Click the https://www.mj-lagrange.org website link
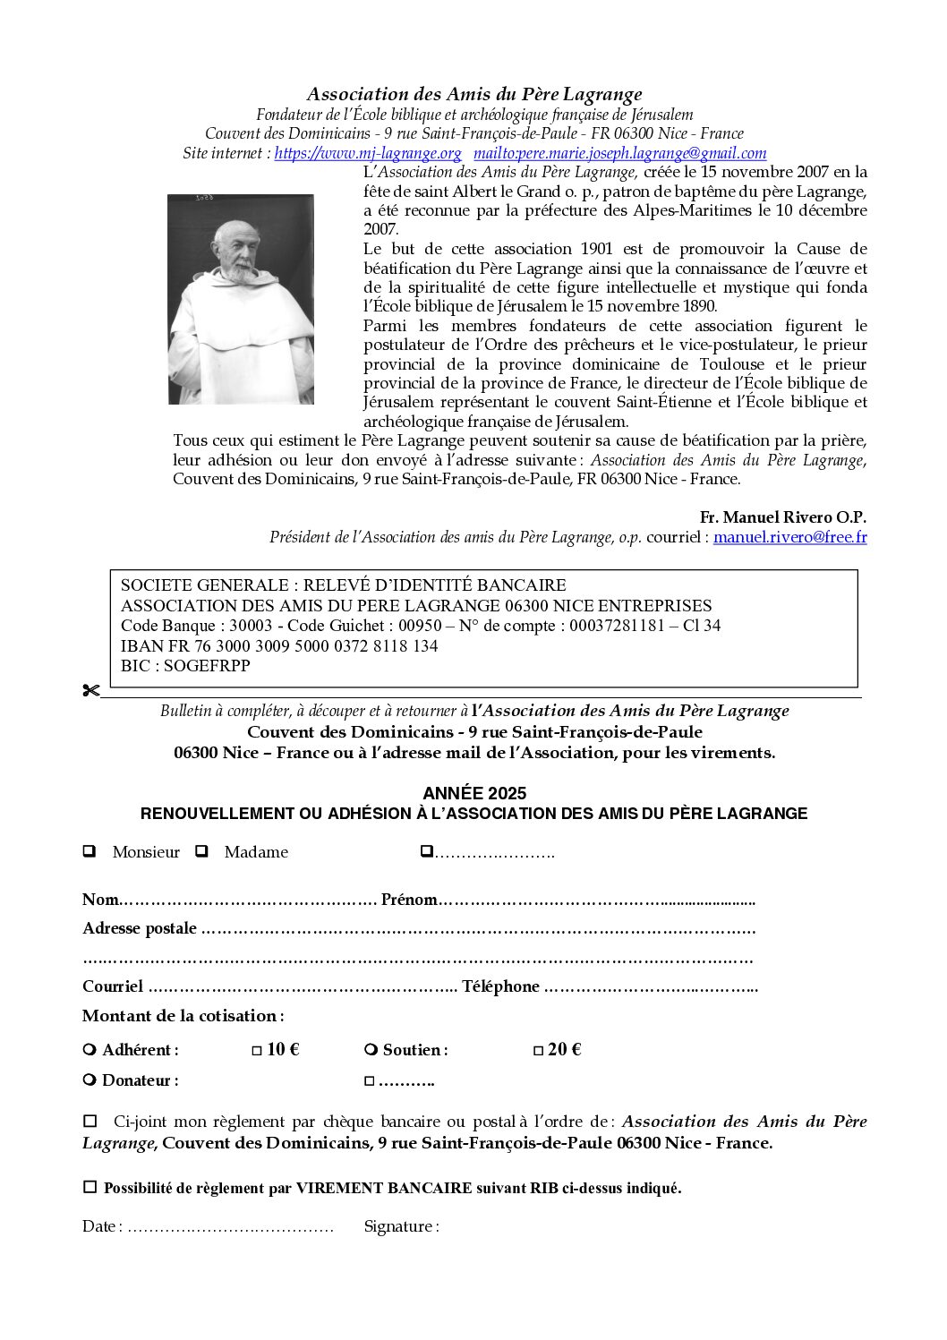click(368, 153)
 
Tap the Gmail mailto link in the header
click(619, 153)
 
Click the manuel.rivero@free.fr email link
click(789, 537)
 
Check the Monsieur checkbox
click(90, 851)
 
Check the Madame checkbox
click(202, 851)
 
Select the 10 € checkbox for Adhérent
click(257, 1051)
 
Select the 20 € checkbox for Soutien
click(538, 1051)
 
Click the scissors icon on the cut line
click(90, 690)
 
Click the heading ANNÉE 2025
click(474, 793)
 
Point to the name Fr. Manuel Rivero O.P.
click(782, 517)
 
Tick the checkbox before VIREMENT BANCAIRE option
click(90, 1187)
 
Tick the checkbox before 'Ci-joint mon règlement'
click(90, 1121)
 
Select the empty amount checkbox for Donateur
click(369, 1081)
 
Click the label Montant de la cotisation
click(183, 1016)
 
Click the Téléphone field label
click(500, 986)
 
